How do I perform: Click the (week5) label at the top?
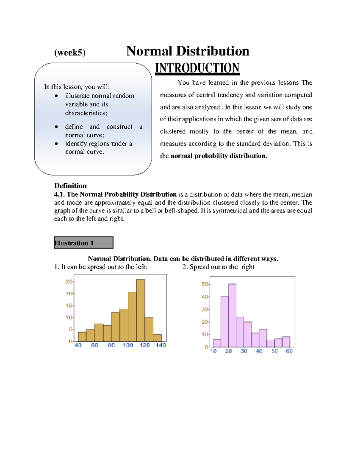70,53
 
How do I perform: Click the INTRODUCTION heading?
197,68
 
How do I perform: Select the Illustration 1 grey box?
83,242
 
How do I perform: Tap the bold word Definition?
70,186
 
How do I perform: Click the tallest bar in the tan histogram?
140,310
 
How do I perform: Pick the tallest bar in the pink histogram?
232,315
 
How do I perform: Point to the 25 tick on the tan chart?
69,281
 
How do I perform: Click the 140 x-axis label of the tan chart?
161,345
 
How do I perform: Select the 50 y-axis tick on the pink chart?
205,284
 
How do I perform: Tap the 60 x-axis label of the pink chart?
289,351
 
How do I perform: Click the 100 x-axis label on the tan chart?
128,345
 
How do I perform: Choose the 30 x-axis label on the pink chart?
244,351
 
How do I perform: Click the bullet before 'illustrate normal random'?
56,96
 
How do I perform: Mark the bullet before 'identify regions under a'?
56,144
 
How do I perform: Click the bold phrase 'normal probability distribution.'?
218,156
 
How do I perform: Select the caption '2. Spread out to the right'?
218,267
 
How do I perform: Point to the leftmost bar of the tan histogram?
82,336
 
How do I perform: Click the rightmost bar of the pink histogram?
286,342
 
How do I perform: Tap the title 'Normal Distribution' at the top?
188,51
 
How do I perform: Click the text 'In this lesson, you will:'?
77,87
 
